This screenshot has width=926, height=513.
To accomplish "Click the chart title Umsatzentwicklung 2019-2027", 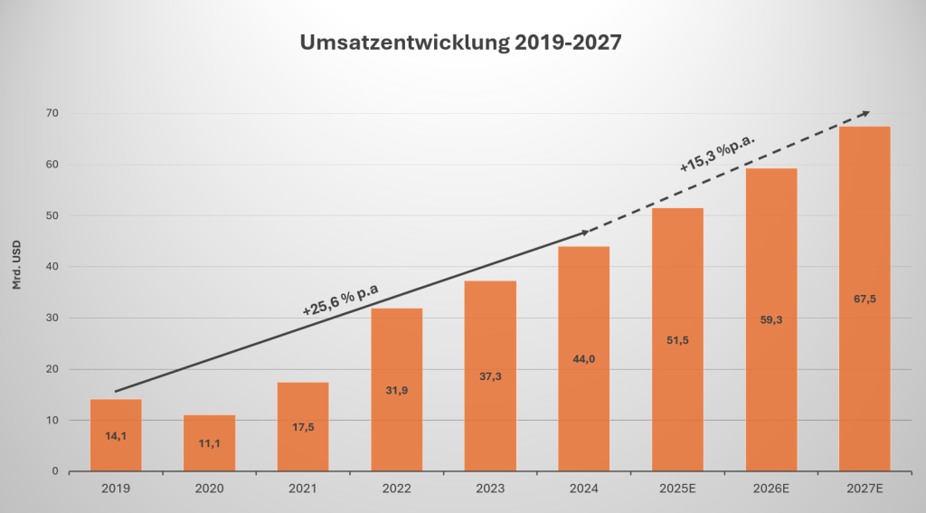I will [461, 43].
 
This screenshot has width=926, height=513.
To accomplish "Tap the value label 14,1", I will [116, 434].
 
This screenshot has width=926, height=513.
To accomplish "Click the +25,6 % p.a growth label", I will [341, 299].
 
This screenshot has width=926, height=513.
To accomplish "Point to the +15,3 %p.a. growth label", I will [717, 151].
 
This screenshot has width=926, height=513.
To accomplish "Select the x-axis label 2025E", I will [677, 489].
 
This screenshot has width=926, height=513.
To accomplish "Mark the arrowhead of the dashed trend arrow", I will [865, 113].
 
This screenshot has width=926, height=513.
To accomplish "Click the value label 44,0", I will [583, 359].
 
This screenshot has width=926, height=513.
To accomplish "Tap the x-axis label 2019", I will [116, 489].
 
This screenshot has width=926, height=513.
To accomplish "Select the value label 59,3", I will [770, 319].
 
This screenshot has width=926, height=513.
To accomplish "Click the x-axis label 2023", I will [490, 489].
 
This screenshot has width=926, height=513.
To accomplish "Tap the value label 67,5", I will [865, 299].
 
